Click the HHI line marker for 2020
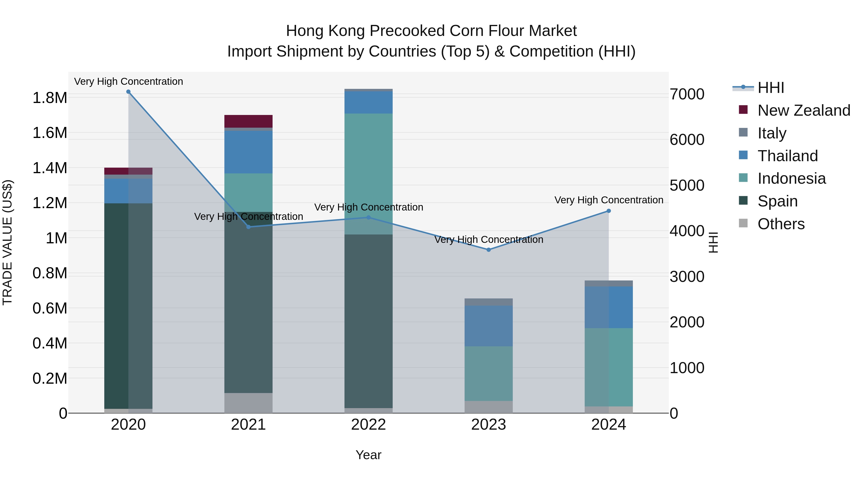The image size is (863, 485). click(x=128, y=92)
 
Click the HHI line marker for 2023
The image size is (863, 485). click(x=489, y=250)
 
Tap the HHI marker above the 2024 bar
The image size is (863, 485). click(x=609, y=211)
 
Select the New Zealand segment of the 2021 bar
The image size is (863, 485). click(x=248, y=121)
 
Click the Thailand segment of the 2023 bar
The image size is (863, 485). click(x=489, y=326)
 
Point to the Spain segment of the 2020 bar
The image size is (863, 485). click(x=128, y=306)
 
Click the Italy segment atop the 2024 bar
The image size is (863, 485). click(x=609, y=284)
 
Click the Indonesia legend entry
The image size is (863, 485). click(x=791, y=178)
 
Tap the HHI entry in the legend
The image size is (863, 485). click(x=770, y=88)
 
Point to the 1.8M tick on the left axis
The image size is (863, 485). click(x=50, y=98)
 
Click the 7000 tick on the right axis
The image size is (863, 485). click(x=687, y=94)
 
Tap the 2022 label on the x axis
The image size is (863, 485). click(x=368, y=425)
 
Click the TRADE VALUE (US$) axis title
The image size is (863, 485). click(x=8, y=242)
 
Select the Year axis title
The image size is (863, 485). click(x=368, y=455)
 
